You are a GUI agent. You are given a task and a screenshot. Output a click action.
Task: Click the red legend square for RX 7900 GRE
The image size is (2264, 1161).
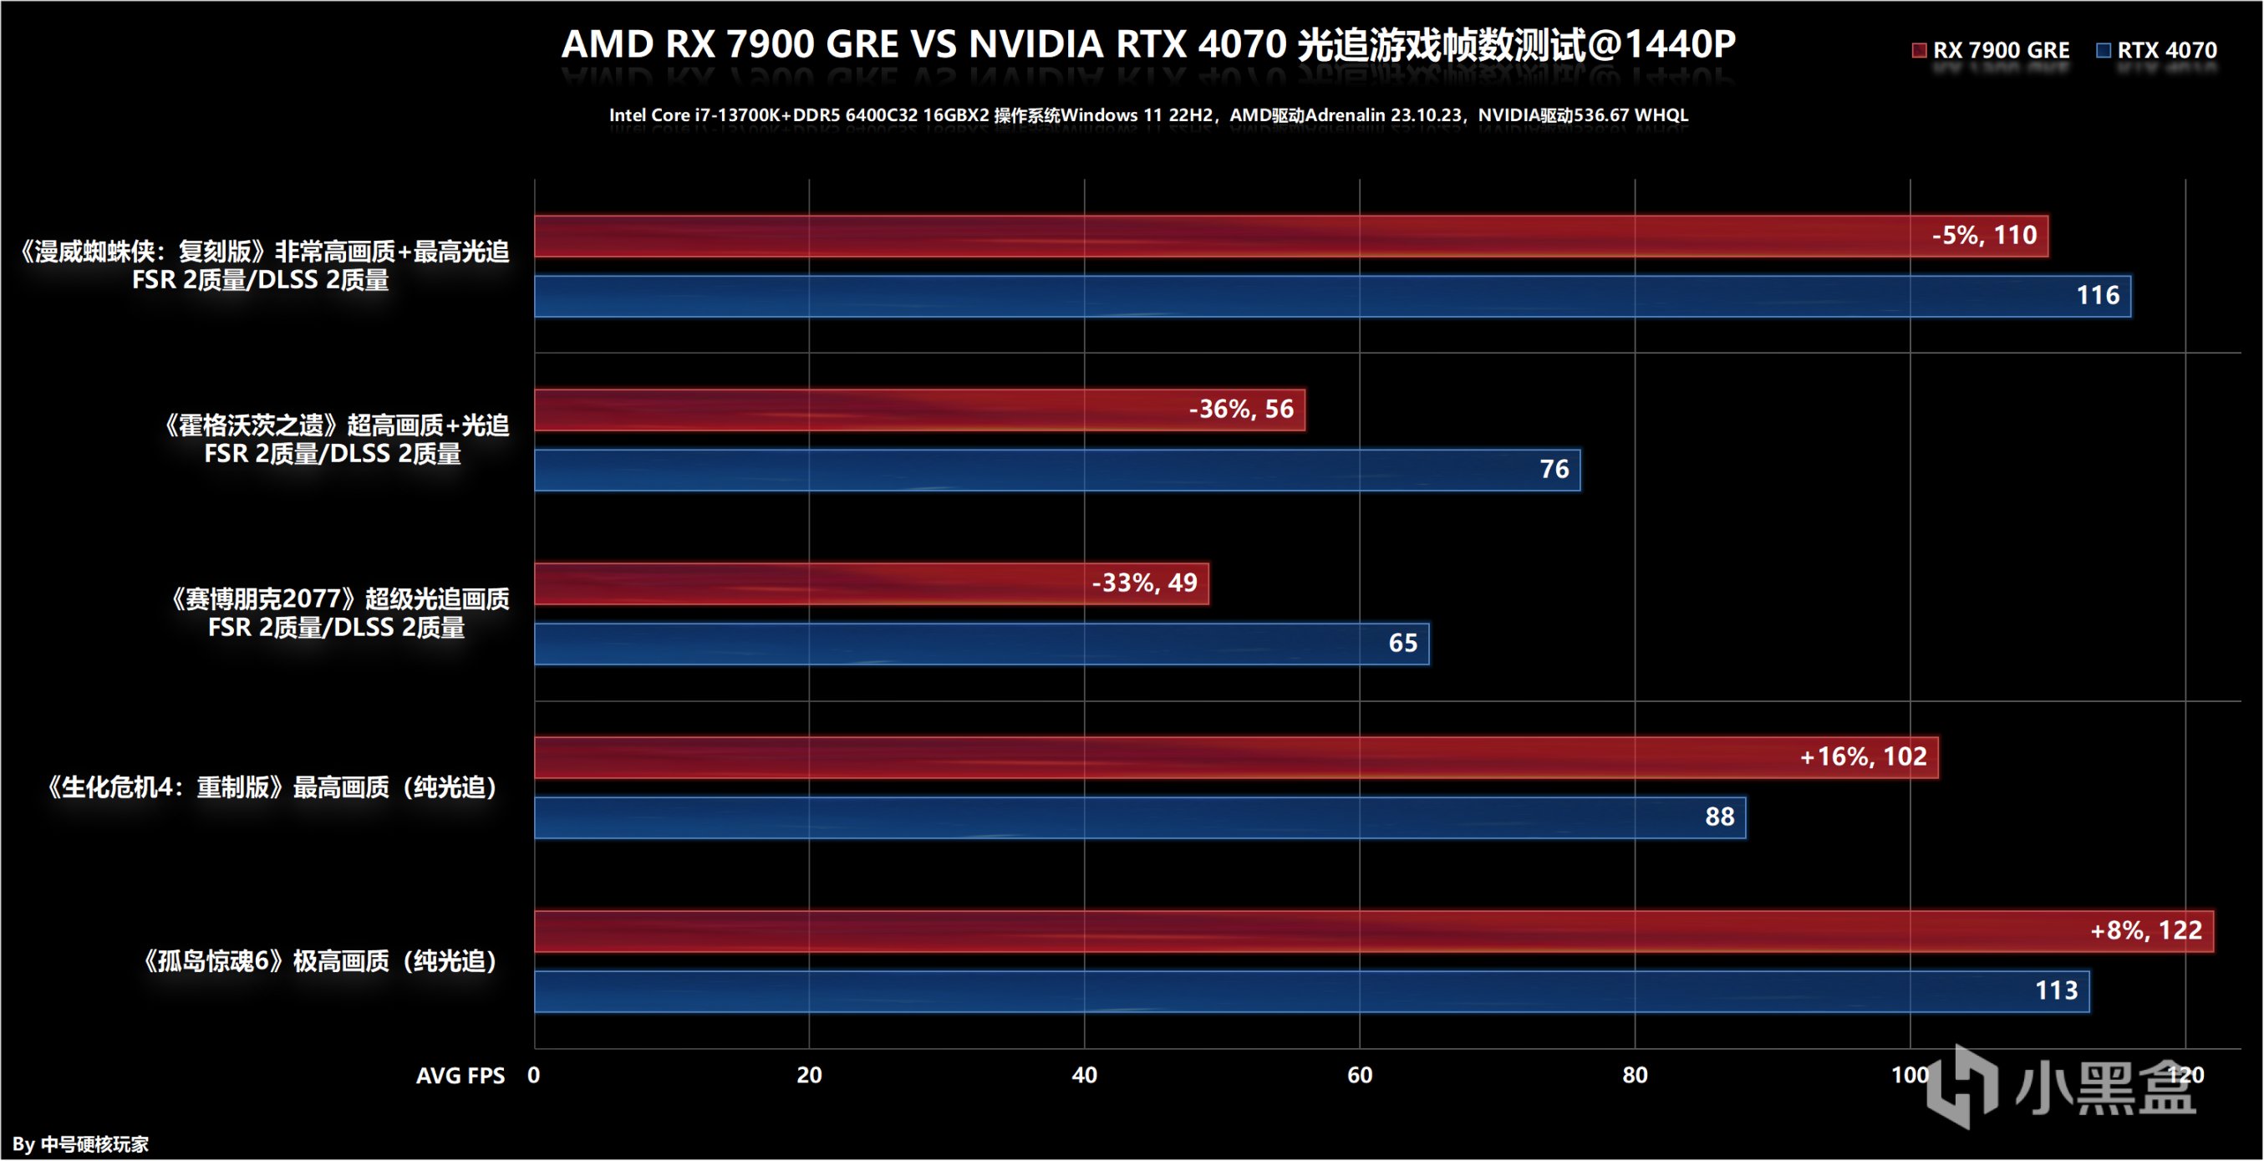(1920, 50)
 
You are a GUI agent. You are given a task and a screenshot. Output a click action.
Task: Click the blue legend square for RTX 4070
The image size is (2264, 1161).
(2104, 50)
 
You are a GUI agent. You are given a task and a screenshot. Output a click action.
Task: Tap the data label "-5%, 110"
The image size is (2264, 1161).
(1984, 236)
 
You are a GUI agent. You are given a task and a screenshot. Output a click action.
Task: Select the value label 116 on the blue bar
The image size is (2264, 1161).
(2097, 295)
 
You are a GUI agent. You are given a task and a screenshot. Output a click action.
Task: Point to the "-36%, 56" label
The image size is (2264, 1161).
(1241, 409)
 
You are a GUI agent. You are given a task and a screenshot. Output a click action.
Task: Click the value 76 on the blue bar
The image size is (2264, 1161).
(1554, 469)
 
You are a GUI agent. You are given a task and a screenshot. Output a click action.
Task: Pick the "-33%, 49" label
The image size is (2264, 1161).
(1144, 583)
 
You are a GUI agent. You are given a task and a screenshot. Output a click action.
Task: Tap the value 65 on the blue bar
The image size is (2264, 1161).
(1402, 644)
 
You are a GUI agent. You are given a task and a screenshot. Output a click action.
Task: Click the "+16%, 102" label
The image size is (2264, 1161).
(1863, 756)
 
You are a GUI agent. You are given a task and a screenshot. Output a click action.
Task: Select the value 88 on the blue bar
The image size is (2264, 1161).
(1719, 817)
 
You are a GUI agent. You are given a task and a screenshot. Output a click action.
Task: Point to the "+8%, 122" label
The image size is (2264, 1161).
(2146, 931)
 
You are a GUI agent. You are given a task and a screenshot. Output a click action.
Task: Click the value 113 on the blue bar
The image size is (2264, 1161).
(2057, 990)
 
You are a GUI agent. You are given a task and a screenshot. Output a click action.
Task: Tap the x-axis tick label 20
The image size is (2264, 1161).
(809, 1075)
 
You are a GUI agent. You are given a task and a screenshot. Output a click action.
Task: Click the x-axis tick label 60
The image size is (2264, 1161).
(1360, 1075)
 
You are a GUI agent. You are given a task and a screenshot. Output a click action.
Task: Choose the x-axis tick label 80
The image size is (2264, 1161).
(1635, 1075)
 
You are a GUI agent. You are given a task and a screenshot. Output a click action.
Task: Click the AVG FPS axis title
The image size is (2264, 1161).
(460, 1076)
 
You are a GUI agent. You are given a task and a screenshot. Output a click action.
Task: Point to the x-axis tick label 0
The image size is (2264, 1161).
(533, 1075)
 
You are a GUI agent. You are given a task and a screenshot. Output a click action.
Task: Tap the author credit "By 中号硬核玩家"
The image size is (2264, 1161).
(80, 1143)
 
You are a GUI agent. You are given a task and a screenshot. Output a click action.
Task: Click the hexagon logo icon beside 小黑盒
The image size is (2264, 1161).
(1961, 1086)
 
